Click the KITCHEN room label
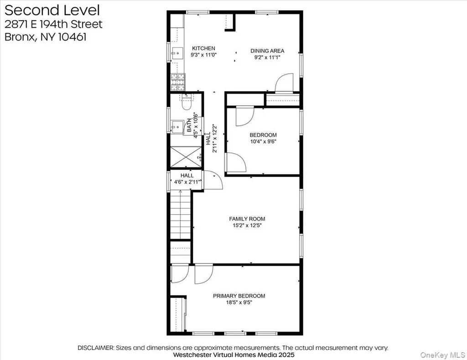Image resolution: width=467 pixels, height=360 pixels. [203, 48]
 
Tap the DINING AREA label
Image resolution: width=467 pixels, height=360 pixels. [267, 51]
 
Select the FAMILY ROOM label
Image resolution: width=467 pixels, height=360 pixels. [247, 219]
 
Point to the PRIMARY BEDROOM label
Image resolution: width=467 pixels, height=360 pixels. [239, 296]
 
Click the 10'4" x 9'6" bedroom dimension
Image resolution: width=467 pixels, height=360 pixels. [263, 142]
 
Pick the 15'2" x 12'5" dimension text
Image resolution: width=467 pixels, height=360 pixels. [247, 226]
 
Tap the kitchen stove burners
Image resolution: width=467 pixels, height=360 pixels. [178, 82]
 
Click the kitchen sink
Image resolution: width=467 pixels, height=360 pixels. [177, 54]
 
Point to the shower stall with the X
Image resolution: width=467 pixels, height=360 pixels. [186, 157]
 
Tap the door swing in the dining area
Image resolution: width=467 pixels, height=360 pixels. [284, 83]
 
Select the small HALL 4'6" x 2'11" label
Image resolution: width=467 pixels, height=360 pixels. [187, 179]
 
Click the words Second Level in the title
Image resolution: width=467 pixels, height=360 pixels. [52, 10]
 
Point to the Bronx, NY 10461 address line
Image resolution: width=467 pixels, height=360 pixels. [45, 37]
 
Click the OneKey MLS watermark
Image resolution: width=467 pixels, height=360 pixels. [442, 355]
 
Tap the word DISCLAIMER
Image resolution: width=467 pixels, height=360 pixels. [96, 348]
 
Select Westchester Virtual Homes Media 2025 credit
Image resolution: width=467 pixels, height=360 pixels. [233, 355]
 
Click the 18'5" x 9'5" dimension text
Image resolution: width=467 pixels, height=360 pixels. [239, 303]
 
